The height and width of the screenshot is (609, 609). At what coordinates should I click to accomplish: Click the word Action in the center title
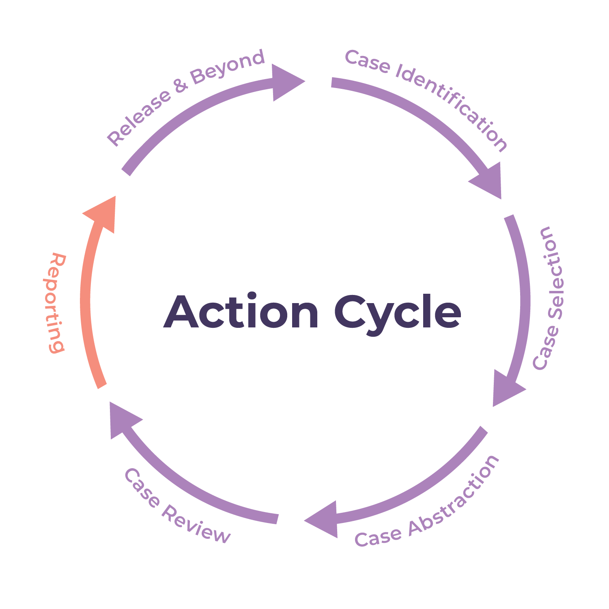tap(241, 312)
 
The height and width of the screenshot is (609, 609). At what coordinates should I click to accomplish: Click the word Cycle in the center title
tap(398, 314)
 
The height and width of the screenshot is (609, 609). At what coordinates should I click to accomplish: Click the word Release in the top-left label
tap(138, 117)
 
